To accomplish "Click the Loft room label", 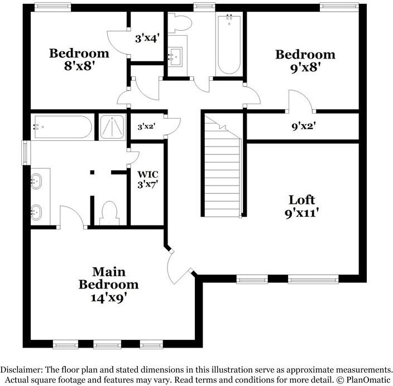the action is point(302,200).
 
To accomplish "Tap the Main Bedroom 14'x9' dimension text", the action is point(108,298).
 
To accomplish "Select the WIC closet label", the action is point(148,174).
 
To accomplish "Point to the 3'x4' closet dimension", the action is point(147,38).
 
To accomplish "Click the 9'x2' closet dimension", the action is point(304,126).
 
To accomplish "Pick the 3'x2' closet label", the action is point(147,126).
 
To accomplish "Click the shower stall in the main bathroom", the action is point(112,127).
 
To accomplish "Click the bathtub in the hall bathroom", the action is point(229,45).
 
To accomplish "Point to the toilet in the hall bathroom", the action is point(180,23).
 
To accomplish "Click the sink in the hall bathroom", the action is point(175,56).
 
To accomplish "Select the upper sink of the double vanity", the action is point(36,181).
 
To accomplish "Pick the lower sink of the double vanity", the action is point(36,212).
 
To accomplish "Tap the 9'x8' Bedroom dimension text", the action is point(306,67).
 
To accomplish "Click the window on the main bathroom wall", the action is point(25,153).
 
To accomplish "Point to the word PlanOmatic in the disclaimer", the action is point(368,380).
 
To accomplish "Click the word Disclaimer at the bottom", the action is point(20,369).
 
